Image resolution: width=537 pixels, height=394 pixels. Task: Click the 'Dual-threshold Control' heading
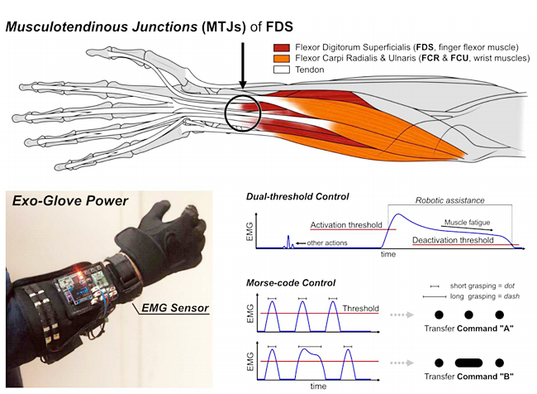tap(298, 196)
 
